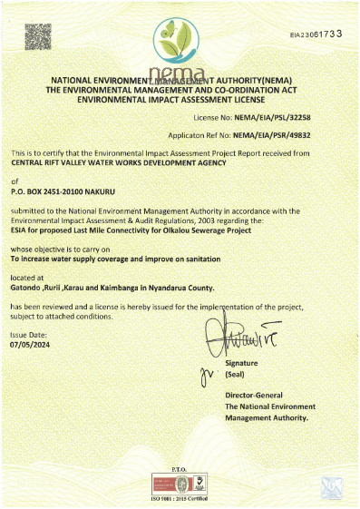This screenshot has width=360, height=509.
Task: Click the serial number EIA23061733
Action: pyautogui.click(x=316, y=34)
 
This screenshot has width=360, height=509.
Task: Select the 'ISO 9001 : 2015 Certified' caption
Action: pyautogui.click(x=180, y=501)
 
